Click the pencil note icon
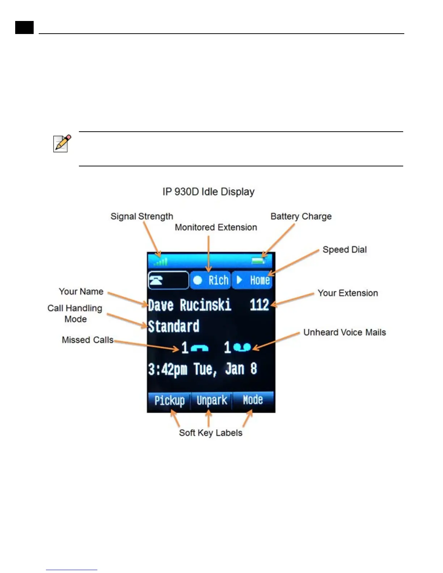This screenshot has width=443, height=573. [x=62, y=144]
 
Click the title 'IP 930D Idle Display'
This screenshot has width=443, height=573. [x=208, y=192]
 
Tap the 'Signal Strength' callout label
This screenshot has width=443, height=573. [x=142, y=216]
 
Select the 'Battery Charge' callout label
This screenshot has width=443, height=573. [x=301, y=216]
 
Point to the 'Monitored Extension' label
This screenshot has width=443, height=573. [x=216, y=227]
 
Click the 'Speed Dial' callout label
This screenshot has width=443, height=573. [x=345, y=250]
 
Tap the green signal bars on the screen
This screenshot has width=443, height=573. [x=161, y=262]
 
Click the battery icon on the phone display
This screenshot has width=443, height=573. [x=258, y=260]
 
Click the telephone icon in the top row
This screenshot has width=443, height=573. [x=156, y=280]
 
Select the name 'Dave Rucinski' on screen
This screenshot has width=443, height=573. [x=189, y=305]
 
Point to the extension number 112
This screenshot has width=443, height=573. [x=259, y=305]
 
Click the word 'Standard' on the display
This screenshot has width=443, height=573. [x=174, y=326]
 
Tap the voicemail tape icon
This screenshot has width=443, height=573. [x=242, y=348]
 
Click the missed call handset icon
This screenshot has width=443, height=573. [x=199, y=348]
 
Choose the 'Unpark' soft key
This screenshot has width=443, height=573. [x=212, y=400]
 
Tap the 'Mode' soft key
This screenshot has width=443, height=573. [x=253, y=400]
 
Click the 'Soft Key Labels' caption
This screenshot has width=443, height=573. [x=211, y=433]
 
